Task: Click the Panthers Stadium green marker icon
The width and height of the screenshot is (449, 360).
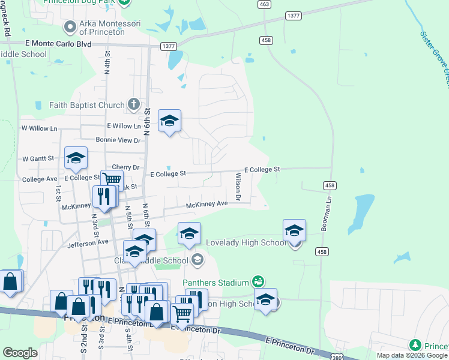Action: click(258, 281)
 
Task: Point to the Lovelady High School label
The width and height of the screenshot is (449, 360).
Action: click(246, 242)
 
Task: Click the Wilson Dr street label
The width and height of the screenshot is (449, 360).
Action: click(238, 187)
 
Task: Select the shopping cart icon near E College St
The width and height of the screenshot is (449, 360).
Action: click(112, 179)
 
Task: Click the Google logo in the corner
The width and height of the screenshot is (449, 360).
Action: click(20, 353)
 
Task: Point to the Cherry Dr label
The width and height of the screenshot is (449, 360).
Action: click(125, 167)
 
